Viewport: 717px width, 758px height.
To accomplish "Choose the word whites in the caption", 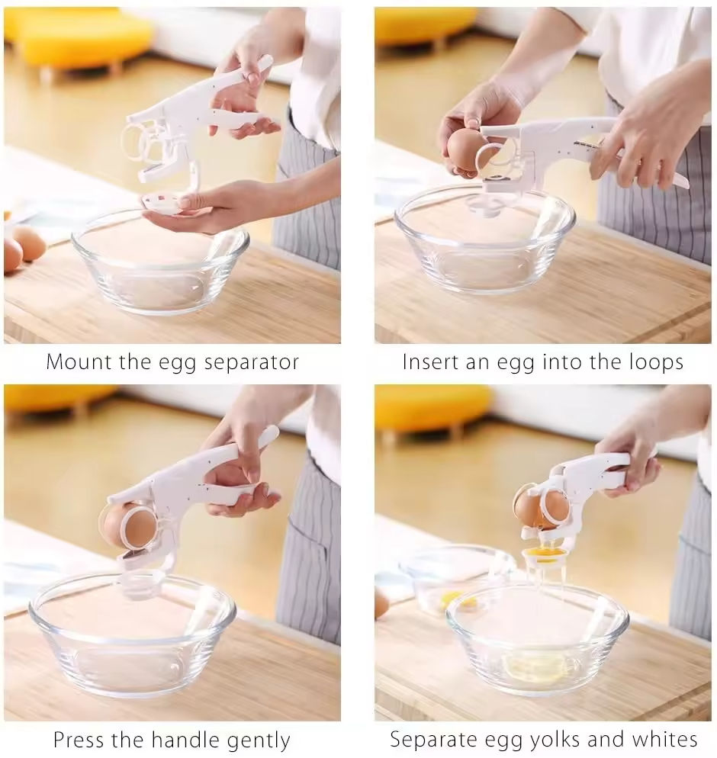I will pyautogui.click(x=664, y=740).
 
